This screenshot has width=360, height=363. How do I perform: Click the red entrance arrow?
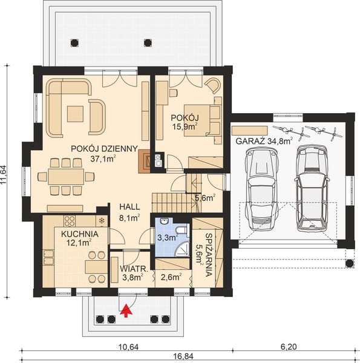click(126, 310)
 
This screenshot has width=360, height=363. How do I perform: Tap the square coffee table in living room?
click(76, 113)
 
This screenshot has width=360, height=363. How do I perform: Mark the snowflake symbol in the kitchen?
click(102, 221)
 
